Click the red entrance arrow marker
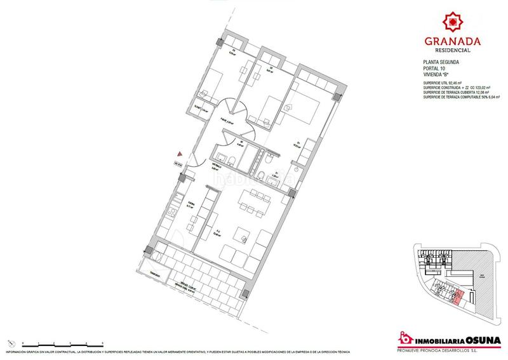180,154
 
